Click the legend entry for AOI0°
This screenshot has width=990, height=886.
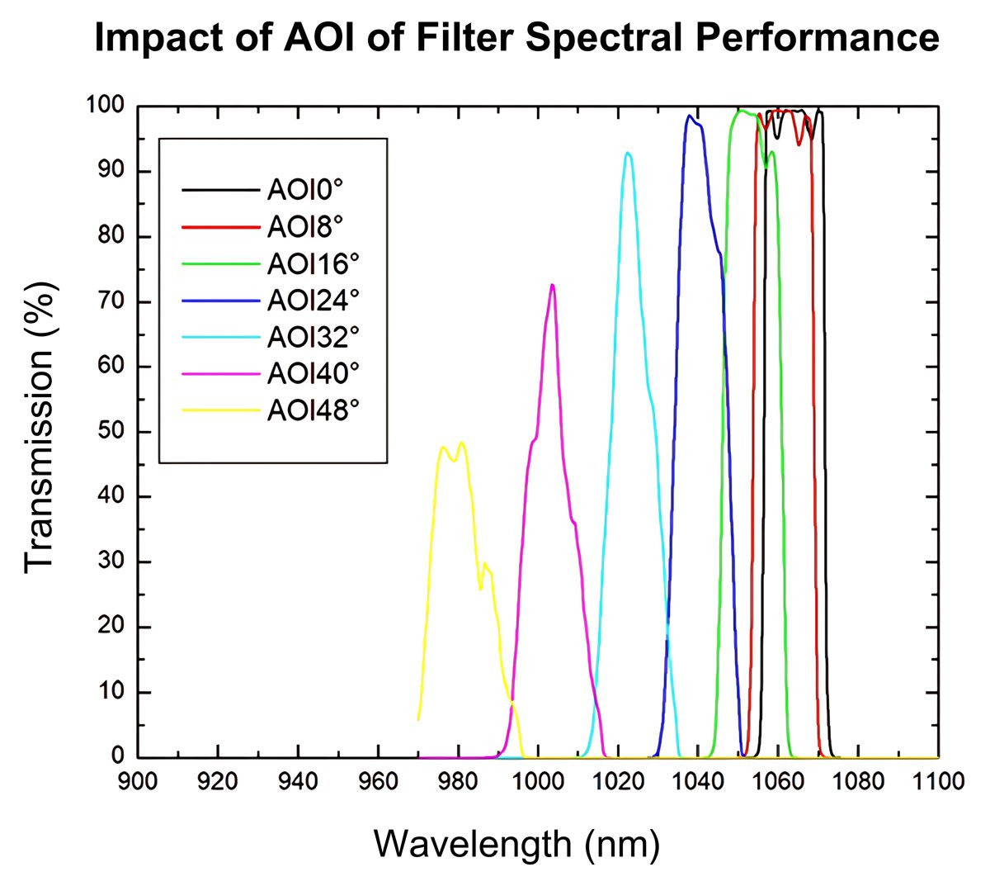[304, 190]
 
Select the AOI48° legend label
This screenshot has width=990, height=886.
[313, 410]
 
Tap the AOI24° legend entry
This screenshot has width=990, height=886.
[313, 300]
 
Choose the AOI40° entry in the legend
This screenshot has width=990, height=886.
[313, 373]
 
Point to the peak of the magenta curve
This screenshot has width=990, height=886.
[552, 285]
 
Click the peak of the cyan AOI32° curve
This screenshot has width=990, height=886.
[628, 153]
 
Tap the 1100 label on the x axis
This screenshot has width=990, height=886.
[938, 780]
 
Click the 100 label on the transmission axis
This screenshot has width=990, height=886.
[105, 107]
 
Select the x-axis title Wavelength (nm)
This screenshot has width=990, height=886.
[516, 844]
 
